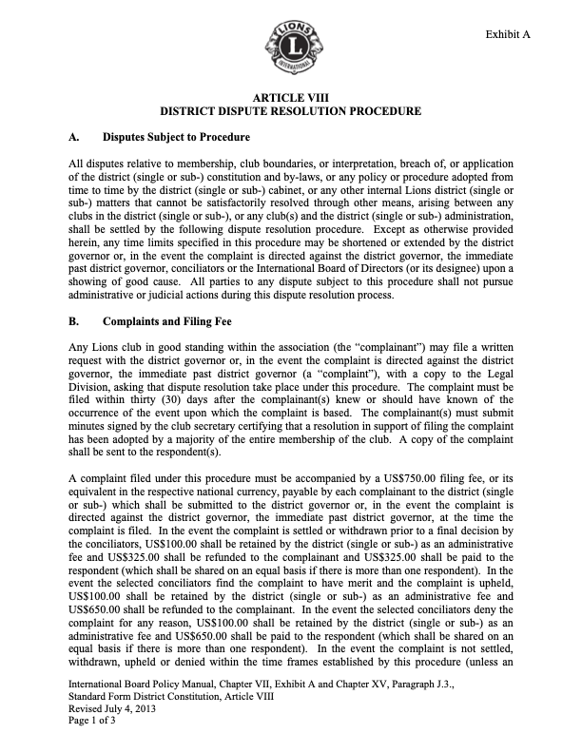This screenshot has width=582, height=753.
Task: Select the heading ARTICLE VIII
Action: [x=290, y=98]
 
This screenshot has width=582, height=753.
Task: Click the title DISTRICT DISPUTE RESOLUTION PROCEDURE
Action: [x=290, y=111]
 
